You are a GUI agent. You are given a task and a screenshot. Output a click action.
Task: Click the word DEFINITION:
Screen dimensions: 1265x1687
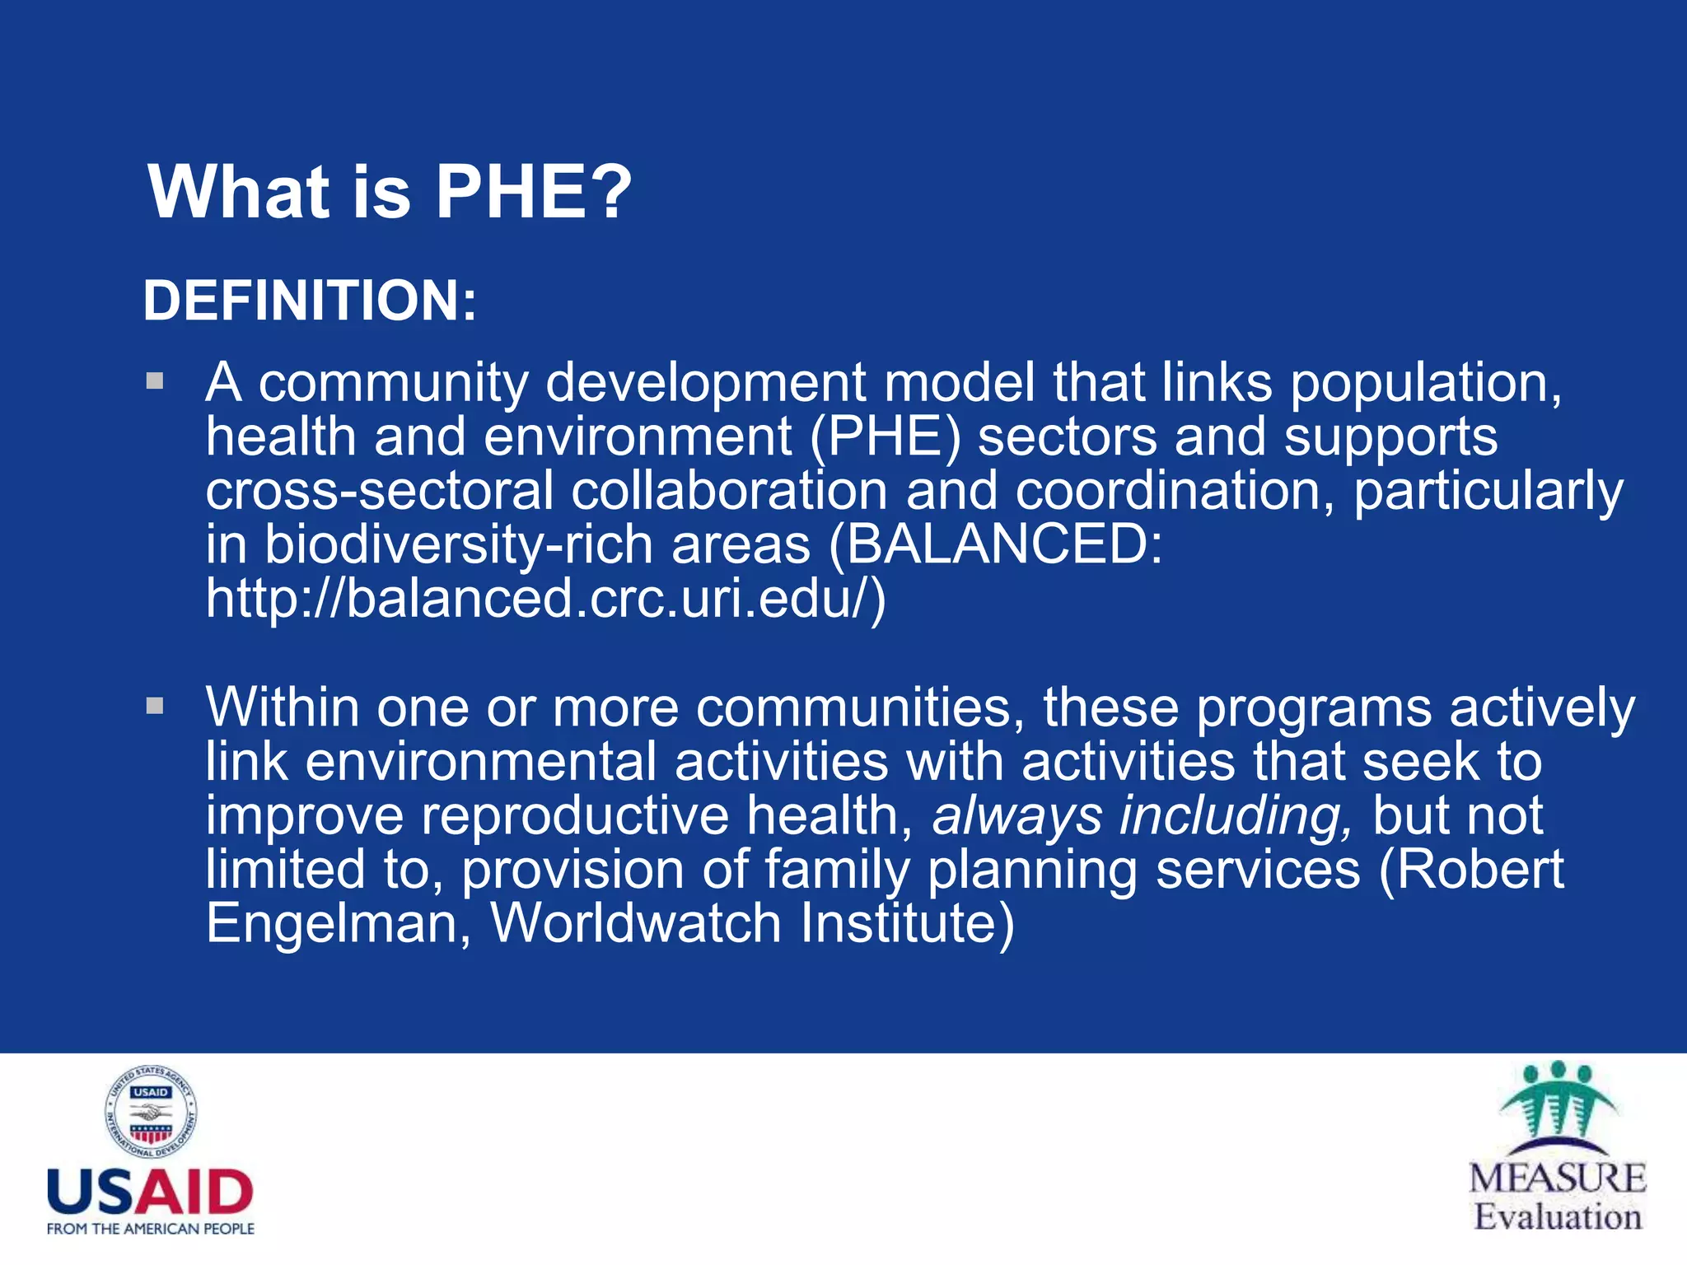310,301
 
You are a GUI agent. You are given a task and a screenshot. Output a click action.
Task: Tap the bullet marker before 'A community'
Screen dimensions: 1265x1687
155,381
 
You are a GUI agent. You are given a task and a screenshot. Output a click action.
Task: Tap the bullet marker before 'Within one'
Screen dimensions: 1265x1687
155,706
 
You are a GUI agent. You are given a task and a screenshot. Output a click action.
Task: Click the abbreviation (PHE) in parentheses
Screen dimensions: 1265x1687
886,437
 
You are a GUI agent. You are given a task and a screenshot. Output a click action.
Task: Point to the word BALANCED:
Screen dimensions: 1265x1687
1003,544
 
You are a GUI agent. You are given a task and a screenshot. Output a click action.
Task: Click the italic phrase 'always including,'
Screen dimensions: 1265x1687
1142,815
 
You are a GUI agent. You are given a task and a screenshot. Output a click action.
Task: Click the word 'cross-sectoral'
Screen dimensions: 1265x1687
380,491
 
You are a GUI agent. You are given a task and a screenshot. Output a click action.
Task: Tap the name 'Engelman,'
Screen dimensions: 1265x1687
339,923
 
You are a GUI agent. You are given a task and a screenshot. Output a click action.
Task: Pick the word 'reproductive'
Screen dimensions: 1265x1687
575,815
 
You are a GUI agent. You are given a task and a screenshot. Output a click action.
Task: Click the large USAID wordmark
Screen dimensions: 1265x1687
150,1192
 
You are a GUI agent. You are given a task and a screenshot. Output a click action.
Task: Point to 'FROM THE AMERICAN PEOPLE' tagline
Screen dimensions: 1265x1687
150,1229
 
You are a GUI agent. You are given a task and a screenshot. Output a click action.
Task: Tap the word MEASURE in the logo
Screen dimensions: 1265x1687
1557,1178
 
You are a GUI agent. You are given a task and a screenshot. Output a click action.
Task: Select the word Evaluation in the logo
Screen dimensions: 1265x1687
1557,1216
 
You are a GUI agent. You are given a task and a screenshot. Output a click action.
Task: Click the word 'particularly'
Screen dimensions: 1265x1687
1488,491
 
